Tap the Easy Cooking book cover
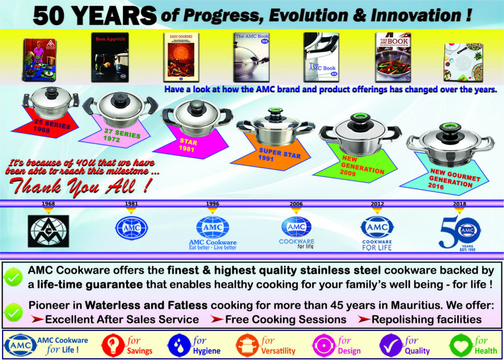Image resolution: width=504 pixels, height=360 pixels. pyautogui.click(x=181, y=55)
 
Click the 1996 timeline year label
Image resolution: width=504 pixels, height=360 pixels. pyautogui.click(x=212, y=203)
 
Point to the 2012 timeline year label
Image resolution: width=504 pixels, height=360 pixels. pyautogui.click(x=377, y=203)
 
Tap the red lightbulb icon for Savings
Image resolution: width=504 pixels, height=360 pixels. pyautogui.click(x=112, y=345)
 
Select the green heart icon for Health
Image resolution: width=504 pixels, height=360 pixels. pyautogui.click(x=460, y=345)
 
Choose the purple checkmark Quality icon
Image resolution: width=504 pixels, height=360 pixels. pyautogui.click(x=392, y=345)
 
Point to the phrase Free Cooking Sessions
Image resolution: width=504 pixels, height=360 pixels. pyautogui.click(x=285, y=319)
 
